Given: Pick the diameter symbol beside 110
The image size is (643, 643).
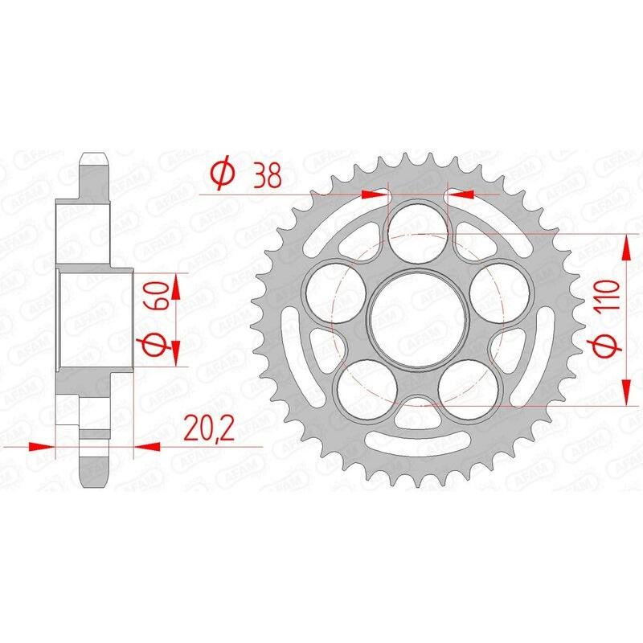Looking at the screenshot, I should pyautogui.click(x=608, y=346).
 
